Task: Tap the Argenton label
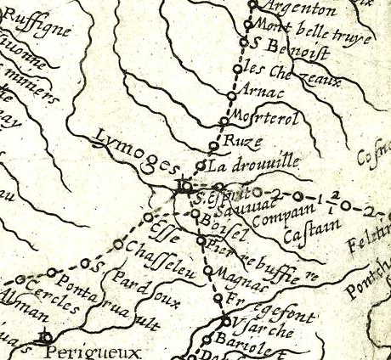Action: coord(292,9)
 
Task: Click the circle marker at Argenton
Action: coord(252,6)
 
